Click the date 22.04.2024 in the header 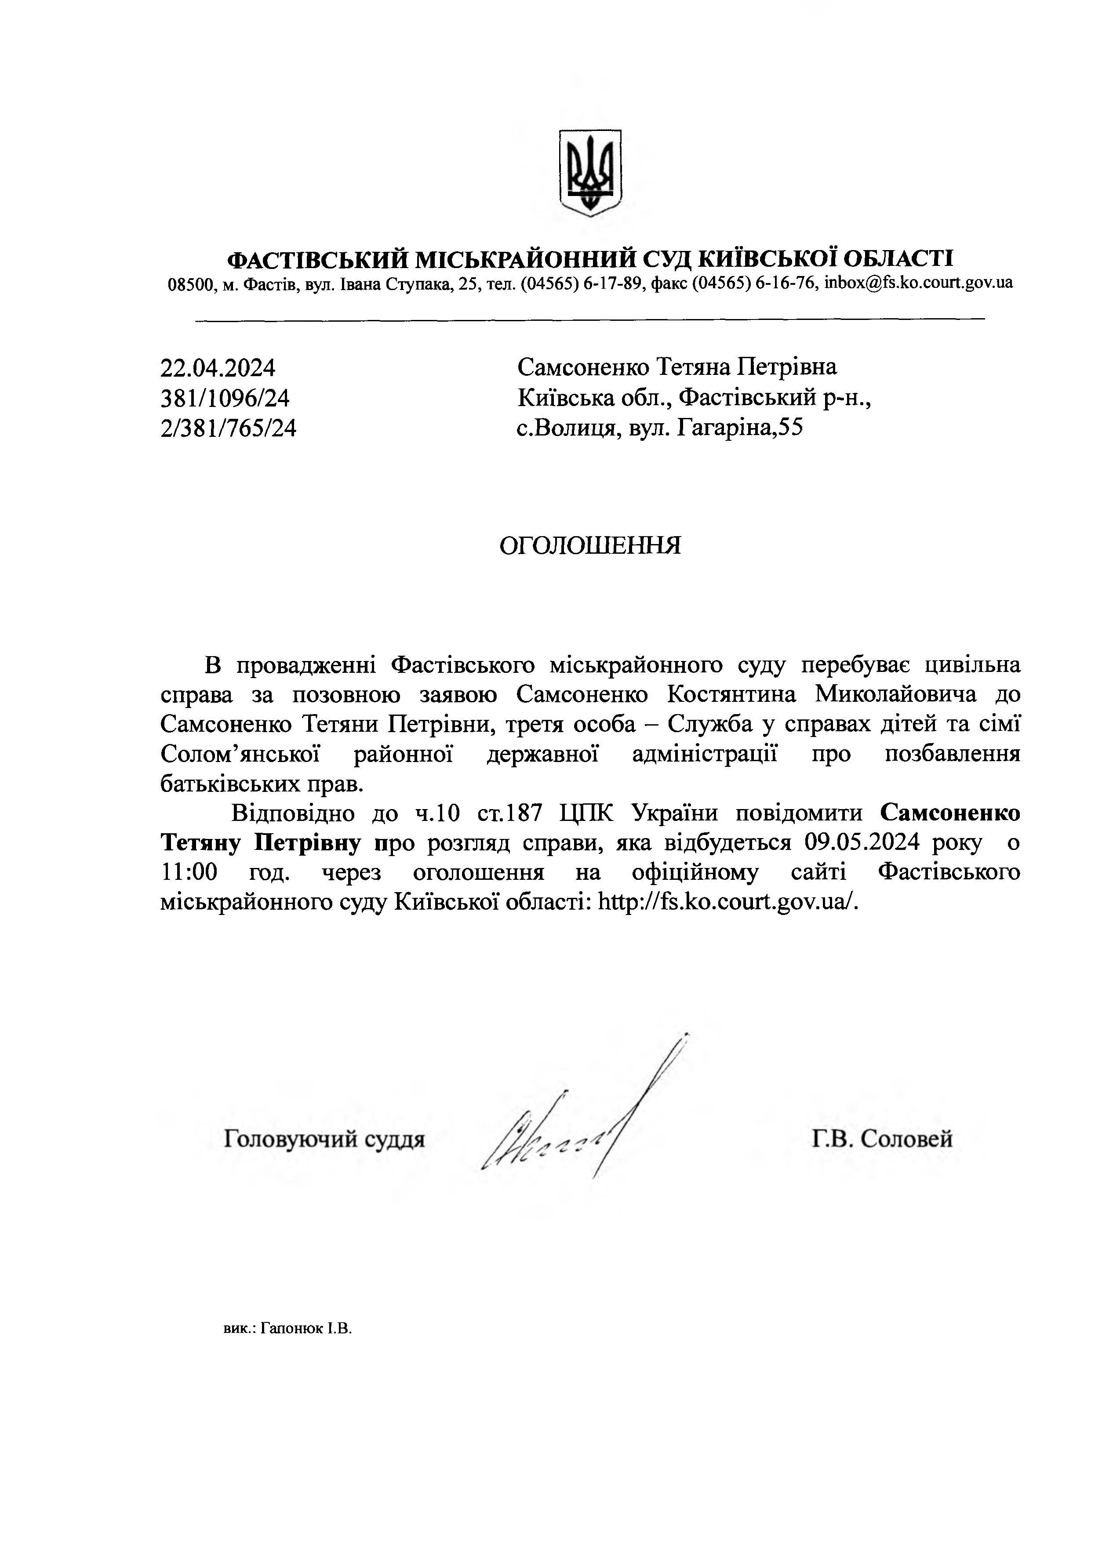click(x=218, y=368)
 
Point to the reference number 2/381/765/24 click(x=228, y=428)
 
